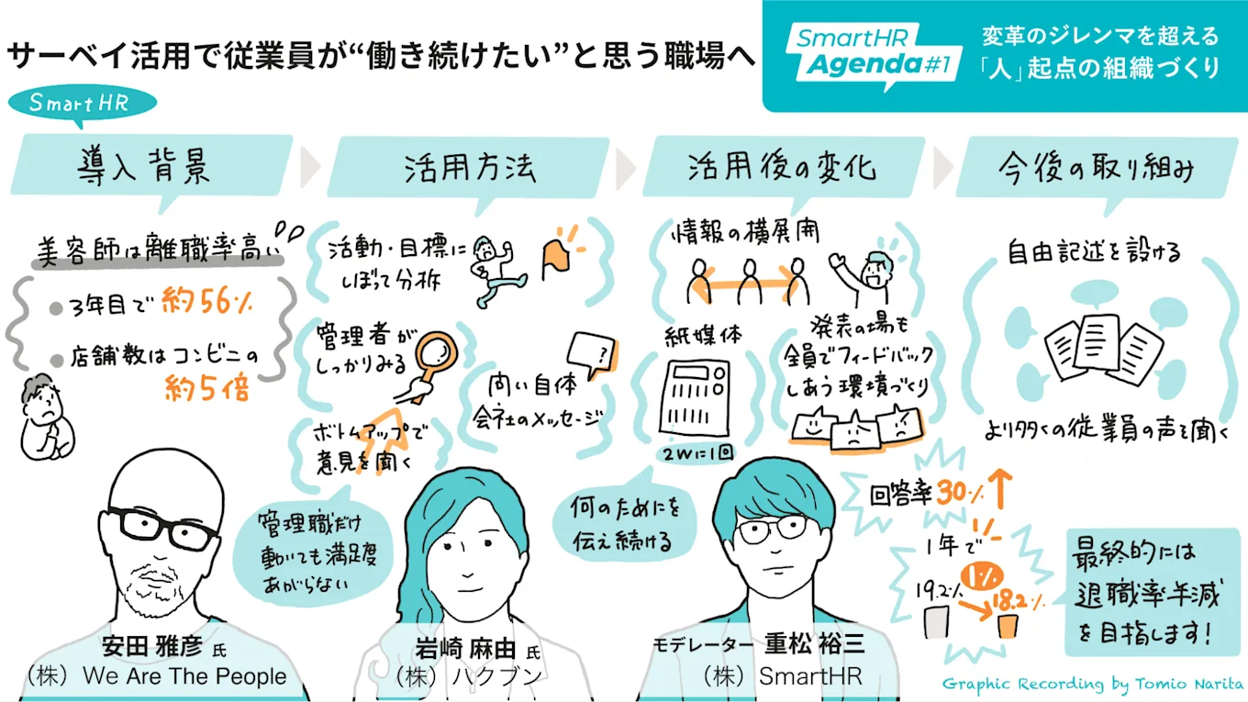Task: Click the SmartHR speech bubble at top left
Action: click(x=81, y=102)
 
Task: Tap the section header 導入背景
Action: click(x=147, y=167)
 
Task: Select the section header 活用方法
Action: click(x=470, y=167)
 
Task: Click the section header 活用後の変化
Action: click(x=782, y=167)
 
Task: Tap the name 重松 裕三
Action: click(x=815, y=643)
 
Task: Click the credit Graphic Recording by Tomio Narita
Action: click(x=1088, y=684)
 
